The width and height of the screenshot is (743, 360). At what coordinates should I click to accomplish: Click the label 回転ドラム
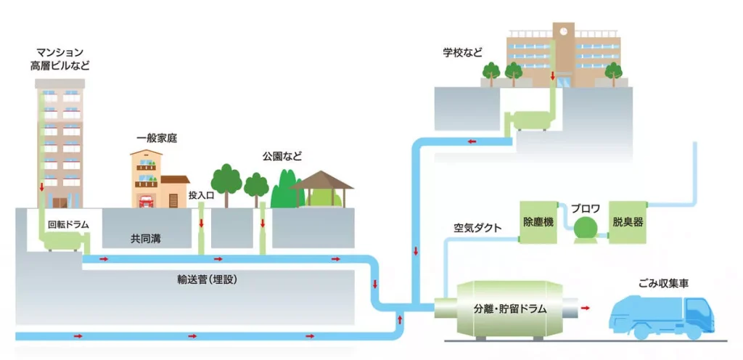[67, 225]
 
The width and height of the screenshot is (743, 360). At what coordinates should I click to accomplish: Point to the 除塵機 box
[538, 222]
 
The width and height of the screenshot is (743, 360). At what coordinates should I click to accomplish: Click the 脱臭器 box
[628, 222]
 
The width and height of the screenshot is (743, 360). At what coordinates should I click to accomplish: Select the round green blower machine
[584, 227]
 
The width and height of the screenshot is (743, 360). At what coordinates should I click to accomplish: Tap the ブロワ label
[584, 207]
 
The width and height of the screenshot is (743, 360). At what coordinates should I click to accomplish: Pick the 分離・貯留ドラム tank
[506, 308]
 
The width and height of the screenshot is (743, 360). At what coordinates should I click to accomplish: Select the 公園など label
[282, 155]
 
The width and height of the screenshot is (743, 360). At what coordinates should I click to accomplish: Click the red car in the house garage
[145, 200]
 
